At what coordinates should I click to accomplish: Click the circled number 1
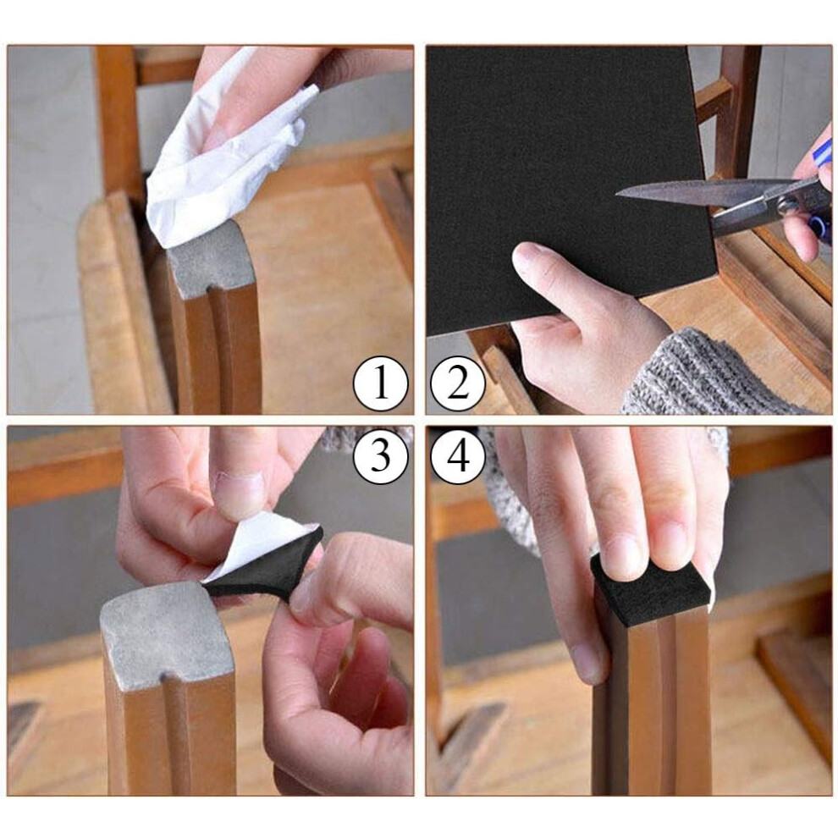(380, 383)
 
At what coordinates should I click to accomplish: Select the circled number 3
(380, 457)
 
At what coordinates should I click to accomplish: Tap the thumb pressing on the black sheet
(556, 278)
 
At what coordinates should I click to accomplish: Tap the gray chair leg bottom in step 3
(167, 631)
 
